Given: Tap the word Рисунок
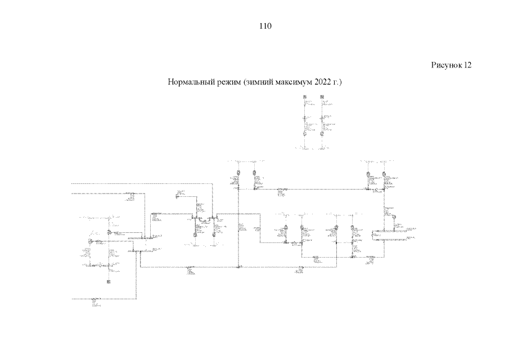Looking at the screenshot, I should [x=445, y=65].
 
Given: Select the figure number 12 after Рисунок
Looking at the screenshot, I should [x=467, y=65].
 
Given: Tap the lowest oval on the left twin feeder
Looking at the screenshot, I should [x=304, y=135].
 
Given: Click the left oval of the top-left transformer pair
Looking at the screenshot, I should [x=238, y=172].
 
